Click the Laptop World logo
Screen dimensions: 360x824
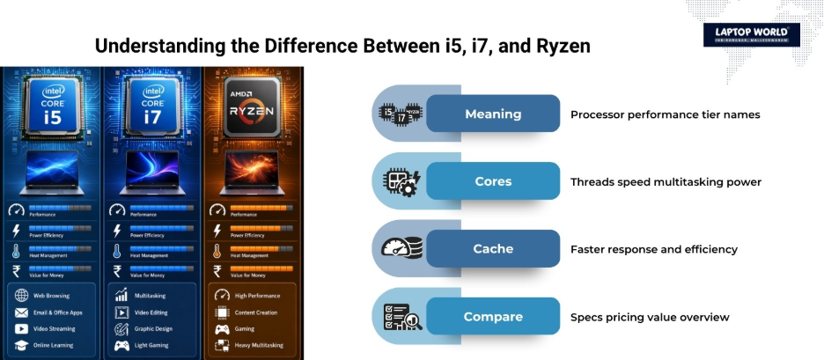[x=751, y=34]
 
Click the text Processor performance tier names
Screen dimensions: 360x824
[x=665, y=114]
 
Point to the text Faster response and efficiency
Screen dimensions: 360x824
[x=654, y=249]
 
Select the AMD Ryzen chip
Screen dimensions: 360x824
[x=253, y=105]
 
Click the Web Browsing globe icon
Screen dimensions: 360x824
[x=20, y=296]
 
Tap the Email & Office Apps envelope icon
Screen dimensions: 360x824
[x=20, y=312]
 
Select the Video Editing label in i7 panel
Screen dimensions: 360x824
[x=152, y=312]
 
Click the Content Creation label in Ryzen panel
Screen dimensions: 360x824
[x=256, y=312]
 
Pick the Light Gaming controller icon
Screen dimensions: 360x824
[x=121, y=345]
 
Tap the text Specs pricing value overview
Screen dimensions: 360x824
[x=650, y=317]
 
